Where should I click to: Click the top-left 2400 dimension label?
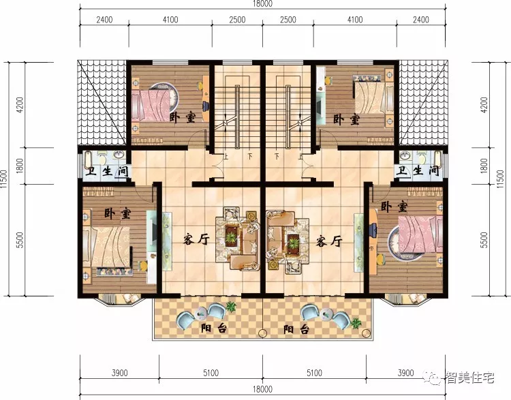pos(104,20)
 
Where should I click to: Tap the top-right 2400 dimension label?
pos(421,20)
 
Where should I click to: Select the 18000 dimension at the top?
pos(262,3)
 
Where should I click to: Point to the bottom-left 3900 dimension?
pos(120,373)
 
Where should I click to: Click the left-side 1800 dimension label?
pos(20,166)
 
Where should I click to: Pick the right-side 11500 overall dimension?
pos(500,179)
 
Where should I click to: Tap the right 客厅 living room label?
pos(329,241)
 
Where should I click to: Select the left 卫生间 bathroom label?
pos(106,171)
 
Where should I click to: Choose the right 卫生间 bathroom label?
pos(418,170)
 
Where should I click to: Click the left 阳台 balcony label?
pos(214,328)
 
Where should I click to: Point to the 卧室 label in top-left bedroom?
pos(183,117)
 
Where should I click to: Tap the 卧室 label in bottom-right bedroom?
pos(394,206)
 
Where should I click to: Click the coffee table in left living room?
pos(232,235)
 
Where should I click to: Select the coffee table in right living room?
pos(293,243)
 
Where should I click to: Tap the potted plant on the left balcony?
pos(231,306)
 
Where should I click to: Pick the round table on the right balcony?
pos(326,314)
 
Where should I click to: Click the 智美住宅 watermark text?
pos(470,378)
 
